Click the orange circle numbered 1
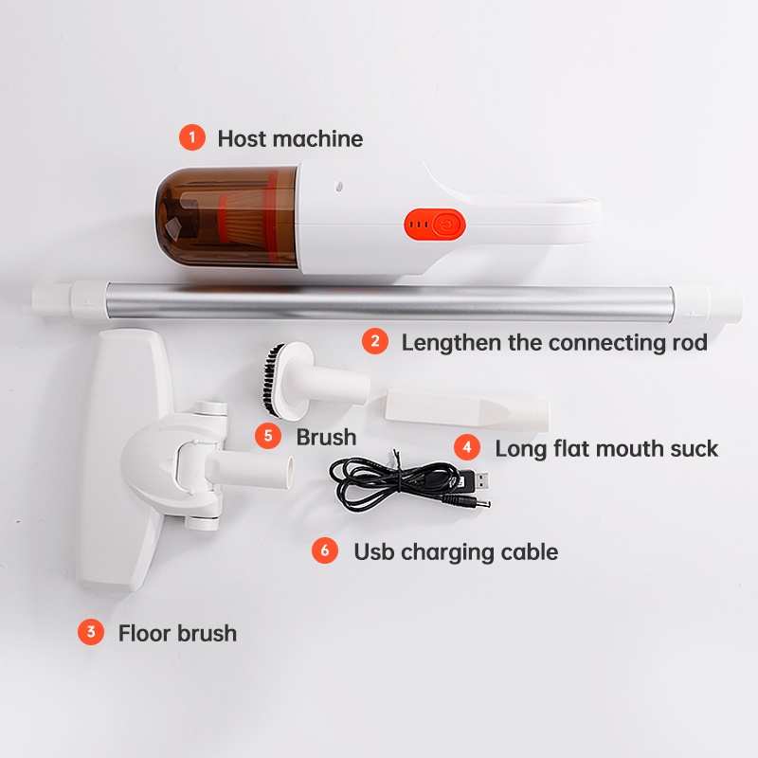(x=192, y=138)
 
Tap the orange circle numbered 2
(x=376, y=342)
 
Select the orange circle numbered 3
(x=91, y=632)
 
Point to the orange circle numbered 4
(x=466, y=447)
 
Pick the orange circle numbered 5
(x=269, y=436)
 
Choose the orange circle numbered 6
(x=326, y=550)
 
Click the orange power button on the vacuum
(x=446, y=225)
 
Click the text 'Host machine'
(x=290, y=138)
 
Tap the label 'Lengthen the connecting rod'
(x=554, y=342)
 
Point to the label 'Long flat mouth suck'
(x=606, y=448)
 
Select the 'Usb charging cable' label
(x=456, y=550)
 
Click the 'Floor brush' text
(x=177, y=632)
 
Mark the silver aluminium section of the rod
(x=379, y=301)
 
